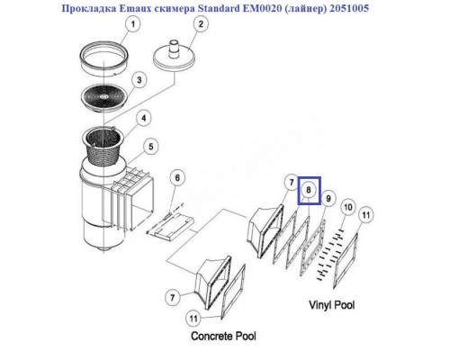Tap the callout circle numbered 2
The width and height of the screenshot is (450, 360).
[x=191, y=26]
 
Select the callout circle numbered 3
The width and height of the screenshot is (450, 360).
[x=138, y=81]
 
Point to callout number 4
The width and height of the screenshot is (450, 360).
[x=143, y=117]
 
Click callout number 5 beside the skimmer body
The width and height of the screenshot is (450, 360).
[x=152, y=147]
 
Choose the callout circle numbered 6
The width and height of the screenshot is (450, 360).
[x=178, y=178]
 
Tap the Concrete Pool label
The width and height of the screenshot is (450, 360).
[x=223, y=336]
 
